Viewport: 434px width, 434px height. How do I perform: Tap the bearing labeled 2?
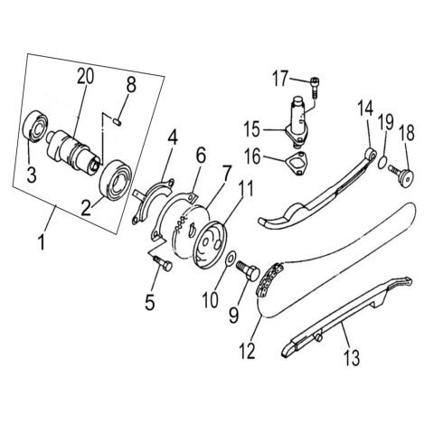click(x=117, y=175)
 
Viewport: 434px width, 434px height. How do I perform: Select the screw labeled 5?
click(x=161, y=262)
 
